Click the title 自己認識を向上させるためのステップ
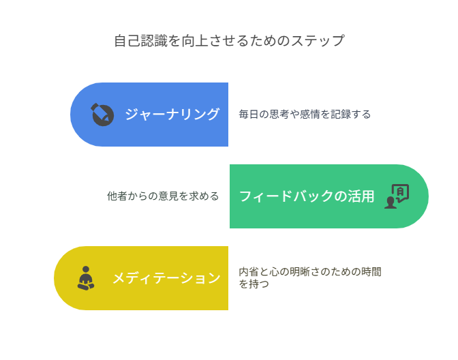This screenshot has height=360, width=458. point(229,40)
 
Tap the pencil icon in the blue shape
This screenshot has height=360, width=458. point(102,115)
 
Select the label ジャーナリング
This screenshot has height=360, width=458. point(172,115)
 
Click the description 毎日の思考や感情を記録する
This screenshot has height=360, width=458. point(305,115)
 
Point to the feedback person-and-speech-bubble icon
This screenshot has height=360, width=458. point(397,196)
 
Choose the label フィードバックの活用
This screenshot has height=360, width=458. point(307,196)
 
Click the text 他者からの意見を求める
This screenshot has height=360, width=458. point(163,196)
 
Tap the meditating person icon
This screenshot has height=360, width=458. point(86,278)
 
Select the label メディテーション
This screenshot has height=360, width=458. point(166,278)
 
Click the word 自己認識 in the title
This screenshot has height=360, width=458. point(141,40)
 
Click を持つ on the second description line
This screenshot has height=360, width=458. point(254,284)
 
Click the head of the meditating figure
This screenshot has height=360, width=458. point(86,269)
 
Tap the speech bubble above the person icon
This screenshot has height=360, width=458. point(401,192)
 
